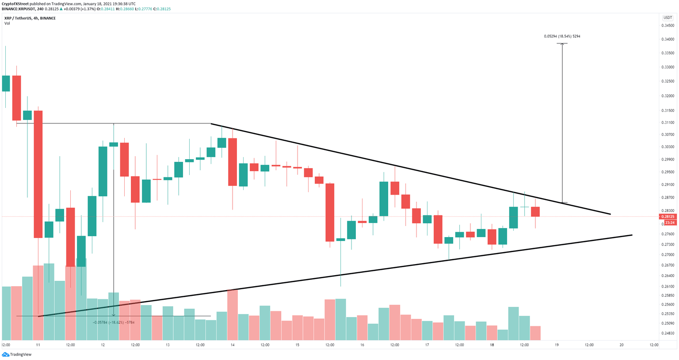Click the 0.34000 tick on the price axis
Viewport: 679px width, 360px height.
(668, 39)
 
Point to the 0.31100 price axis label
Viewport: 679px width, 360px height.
(668, 123)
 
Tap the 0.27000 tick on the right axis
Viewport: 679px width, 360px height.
(668, 255)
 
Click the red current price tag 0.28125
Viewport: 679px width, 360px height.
(667, 217)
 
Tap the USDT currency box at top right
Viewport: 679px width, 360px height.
(667, 18)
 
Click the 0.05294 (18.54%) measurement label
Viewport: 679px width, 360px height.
(562, 36)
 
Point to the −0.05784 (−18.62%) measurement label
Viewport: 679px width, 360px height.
(114, 322)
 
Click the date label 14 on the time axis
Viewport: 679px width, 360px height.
(232, 345)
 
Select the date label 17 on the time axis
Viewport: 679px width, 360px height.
(427, 345)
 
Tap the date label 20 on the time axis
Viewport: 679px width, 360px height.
(622, 345)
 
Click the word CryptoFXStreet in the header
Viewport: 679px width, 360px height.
(15, 4)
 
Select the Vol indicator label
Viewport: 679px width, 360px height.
(7, 23)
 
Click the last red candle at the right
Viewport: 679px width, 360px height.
(535, 211)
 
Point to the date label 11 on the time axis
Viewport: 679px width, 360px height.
(38, 345)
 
